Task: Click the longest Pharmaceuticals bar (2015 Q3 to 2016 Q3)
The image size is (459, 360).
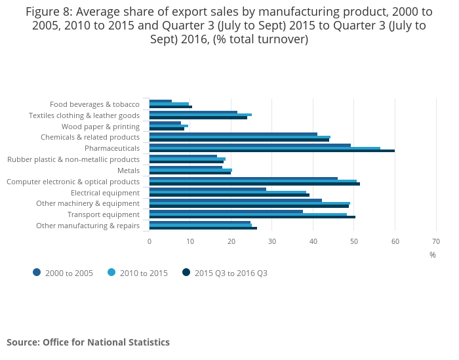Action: [x=272, y=151]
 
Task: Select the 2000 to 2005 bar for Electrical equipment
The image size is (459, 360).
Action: [x=208, y=189]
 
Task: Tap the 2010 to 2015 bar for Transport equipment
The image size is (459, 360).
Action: [x=248, y=214]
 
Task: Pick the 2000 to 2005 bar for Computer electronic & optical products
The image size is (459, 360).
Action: [x=243, y=178]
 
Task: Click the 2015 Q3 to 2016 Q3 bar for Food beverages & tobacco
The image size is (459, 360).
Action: [x=170, y=106]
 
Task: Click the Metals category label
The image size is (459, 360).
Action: [x=129, y=170]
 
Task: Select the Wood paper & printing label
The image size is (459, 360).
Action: [x=100, y=127]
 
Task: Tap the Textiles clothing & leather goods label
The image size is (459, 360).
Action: [x=84, y=115]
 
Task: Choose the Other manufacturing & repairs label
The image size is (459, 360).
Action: [x=88, y=226]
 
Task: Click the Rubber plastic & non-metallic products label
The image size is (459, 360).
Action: [x=73, y=159]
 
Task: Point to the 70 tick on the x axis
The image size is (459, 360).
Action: [x=436, y=241]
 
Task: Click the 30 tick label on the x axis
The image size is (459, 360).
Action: [x=272, y=241]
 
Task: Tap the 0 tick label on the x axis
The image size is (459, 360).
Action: [x=150, y=241]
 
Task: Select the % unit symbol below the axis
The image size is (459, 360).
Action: [x=433, y=255]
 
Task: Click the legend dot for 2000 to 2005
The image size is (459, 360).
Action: [x=37, y=273]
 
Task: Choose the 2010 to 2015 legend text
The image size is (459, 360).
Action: [x=144, y=273]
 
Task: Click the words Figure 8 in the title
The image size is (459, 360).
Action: [x=49, y=11]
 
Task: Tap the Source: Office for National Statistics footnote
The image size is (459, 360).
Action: [x=88, y=342]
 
